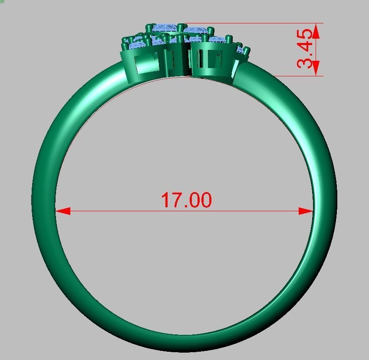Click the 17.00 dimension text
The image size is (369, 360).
(186, 200)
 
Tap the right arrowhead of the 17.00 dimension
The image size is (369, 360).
(306, 211)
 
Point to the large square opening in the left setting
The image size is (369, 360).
(145, 64)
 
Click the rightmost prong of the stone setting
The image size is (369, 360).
(247, 51)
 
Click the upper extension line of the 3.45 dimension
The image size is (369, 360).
(260, 23)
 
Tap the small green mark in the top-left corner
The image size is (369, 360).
(1, 1)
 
